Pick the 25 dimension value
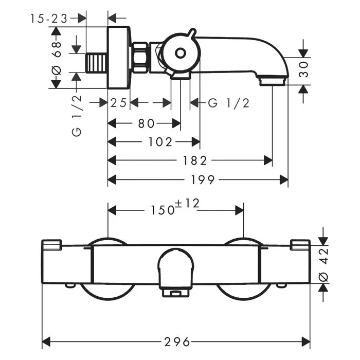[x=119, y=103]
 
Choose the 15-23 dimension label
[x=49, y=19]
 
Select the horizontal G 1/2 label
[x=229, y=103]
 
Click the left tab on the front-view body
[x=51, y=245]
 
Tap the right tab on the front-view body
[x=300, y=245]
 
